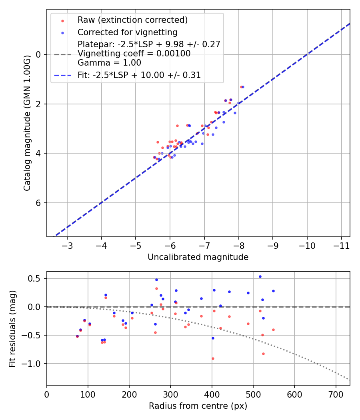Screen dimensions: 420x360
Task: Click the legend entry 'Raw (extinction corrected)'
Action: (132, 20)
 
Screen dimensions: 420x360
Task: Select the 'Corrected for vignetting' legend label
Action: (127, 32)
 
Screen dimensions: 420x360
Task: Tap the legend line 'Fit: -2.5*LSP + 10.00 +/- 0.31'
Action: (139, 75)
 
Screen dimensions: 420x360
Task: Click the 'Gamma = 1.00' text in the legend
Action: (109, 62)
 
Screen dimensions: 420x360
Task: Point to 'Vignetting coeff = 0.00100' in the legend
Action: (134, 53)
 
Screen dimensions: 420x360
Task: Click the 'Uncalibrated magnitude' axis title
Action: (198, 257)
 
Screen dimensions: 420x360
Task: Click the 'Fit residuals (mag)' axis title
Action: (12, 328)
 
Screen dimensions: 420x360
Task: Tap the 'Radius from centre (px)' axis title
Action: (198, 406)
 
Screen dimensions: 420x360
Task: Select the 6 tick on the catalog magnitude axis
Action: (39, 203)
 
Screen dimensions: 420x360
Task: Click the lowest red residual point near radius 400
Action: (213, 358)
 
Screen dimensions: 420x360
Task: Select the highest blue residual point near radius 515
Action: (260, 276)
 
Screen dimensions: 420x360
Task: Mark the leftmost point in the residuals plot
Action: (77, 336)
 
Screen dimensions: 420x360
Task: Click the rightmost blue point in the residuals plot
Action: (273, 291)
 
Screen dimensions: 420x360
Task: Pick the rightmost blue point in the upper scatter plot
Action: (243, 87)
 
